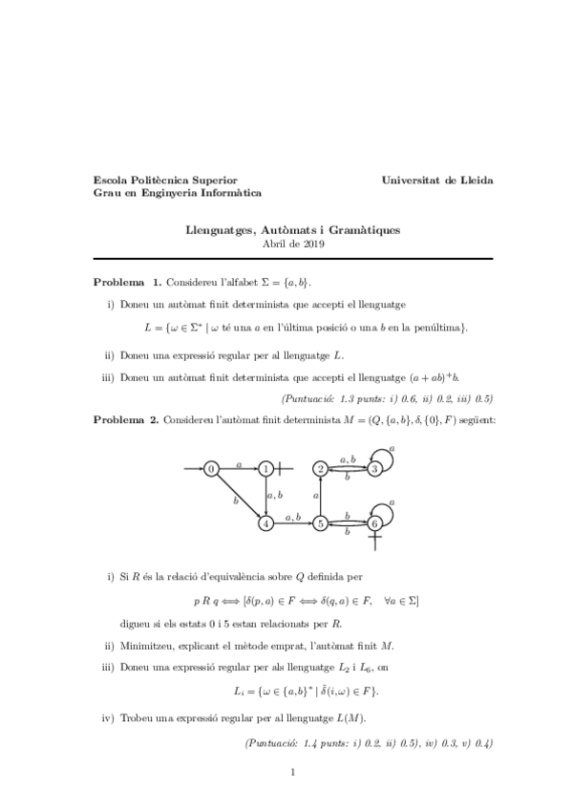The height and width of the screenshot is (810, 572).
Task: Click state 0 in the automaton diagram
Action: click(x=212, y=468)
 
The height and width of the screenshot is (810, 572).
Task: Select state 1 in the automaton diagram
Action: click(x=265, y=468)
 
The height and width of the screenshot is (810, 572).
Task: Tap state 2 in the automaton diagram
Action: click(x=321, y=468)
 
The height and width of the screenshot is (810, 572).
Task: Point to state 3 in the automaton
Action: click(x=375, y=468)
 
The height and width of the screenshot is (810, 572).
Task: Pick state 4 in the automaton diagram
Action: click(x=265, y=523)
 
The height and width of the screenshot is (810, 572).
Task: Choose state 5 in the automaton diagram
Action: click(x=321, y=523)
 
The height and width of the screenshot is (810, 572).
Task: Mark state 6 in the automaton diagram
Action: click(x=375, y=523)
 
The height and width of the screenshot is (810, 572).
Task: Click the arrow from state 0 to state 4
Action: click(x=239, y=496)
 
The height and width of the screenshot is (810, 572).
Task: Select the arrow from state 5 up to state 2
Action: click(x=321, y=496)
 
